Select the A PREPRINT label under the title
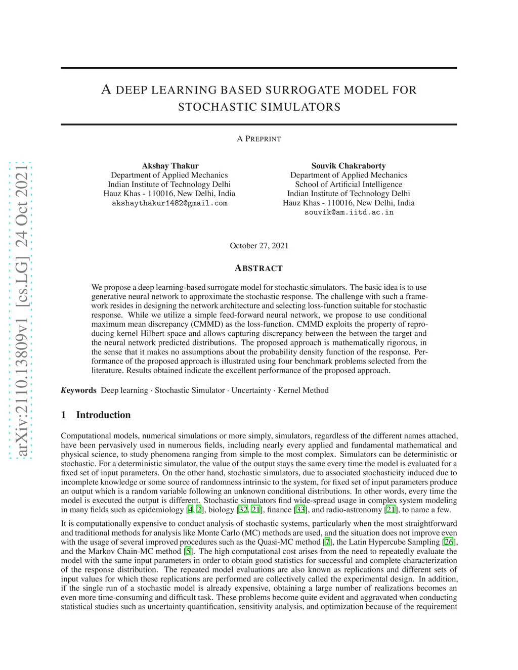[259, 139]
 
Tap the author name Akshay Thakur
[170, 166]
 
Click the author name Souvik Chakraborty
[349, 166]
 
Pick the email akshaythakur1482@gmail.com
[169, 203]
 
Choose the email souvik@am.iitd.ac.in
[349, 212]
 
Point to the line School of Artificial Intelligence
[349, 185]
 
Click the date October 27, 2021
[259, 246]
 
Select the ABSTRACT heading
[259, 268]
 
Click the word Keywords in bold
[78, 390]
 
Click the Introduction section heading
[103, 415]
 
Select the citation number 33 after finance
[300, 510]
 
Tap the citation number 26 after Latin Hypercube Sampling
[449, 542]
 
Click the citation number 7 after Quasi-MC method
[328, 542]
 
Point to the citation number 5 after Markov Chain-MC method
[189, 551]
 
